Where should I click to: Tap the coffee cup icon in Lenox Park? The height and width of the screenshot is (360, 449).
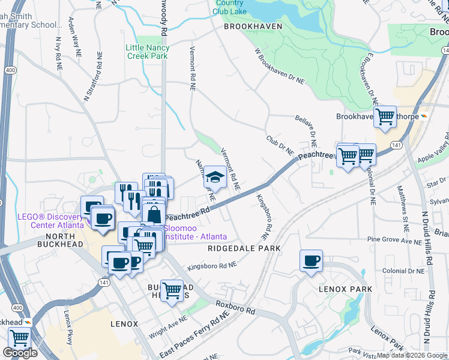312,261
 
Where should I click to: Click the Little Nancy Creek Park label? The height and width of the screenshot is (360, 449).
147,52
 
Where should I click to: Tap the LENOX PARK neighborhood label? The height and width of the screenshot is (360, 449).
345,289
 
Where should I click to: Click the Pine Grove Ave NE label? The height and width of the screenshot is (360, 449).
395,241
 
